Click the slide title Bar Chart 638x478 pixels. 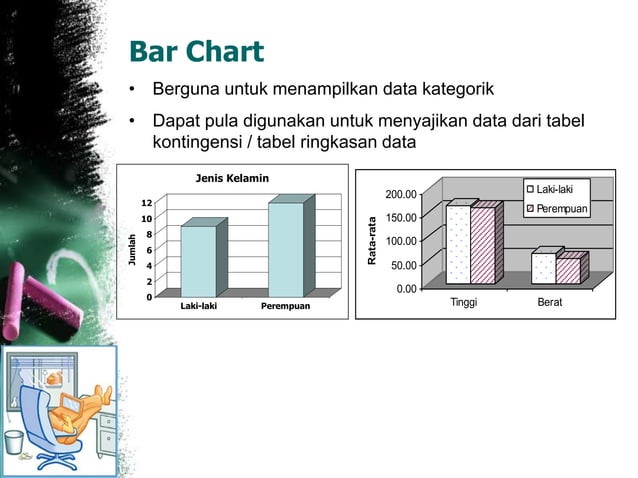click(x=196, y=52)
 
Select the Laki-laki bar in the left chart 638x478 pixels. click(x=198, y=261)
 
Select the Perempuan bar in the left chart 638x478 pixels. click(x=285, y=249)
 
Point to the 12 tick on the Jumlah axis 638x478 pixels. click(x=146, y=204)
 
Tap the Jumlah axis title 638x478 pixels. click(x=131, y=249)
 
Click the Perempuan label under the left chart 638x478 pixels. click(x=285, y=305)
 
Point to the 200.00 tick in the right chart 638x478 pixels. click(x=402, y=195)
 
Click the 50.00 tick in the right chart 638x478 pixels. click(x=404, y=266)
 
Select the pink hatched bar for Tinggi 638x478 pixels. click(x=482, y=245)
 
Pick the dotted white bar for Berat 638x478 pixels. click(x=543, y=268)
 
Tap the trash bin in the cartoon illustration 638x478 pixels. click(x=15, y=442)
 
